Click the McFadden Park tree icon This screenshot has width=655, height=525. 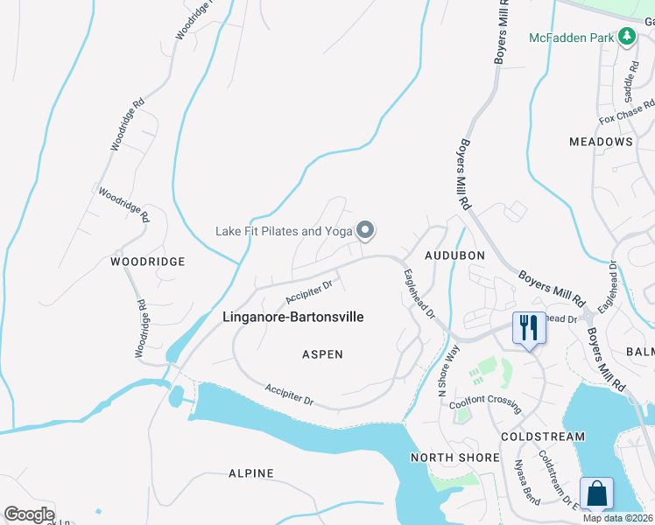626,37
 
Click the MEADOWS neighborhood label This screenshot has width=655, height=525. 601,142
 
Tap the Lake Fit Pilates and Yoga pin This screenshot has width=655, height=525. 366,231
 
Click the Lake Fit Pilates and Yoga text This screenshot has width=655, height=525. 284,232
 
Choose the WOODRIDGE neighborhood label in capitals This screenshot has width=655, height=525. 148,262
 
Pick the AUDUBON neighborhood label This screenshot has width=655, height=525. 454,255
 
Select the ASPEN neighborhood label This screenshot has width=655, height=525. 322,354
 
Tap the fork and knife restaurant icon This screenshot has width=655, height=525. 528,328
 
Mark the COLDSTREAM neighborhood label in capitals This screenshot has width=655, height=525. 543,436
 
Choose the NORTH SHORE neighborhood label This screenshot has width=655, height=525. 454,458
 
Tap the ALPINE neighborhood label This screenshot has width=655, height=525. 251,473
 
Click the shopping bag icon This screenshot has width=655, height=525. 596,493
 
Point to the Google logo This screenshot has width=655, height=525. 30,514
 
